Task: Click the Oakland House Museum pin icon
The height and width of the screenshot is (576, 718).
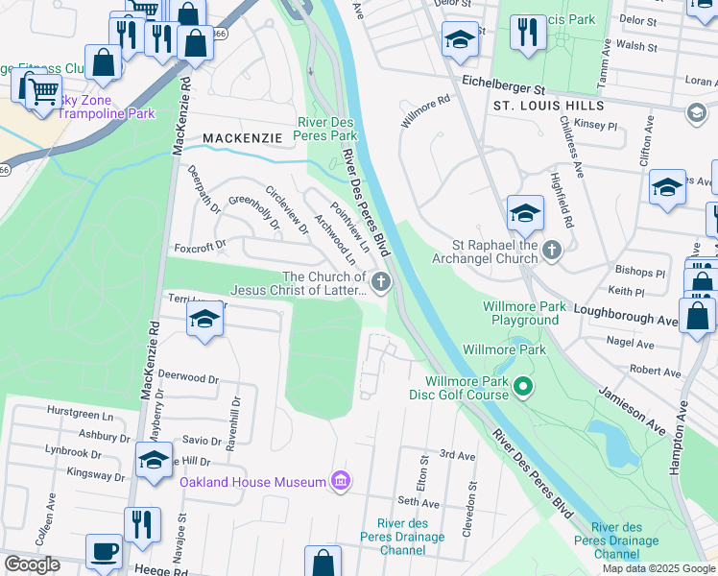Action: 340,480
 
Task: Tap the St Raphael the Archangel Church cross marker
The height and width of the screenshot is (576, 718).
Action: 551,252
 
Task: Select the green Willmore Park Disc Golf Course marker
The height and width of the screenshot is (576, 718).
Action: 523,387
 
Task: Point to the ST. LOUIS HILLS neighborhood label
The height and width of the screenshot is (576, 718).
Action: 548,105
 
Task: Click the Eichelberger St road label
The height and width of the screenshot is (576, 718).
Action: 509,84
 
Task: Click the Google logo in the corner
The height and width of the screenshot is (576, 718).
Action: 32,564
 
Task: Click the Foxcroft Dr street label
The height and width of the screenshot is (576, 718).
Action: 199,247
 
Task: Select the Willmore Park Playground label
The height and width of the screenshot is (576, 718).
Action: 525,313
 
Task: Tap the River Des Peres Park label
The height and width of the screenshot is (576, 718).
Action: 327,130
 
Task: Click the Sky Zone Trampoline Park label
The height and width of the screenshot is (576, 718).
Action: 91,107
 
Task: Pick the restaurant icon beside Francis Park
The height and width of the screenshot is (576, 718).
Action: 527,32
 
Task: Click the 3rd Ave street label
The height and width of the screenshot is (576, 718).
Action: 457,454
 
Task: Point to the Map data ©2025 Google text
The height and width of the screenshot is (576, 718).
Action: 658,568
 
